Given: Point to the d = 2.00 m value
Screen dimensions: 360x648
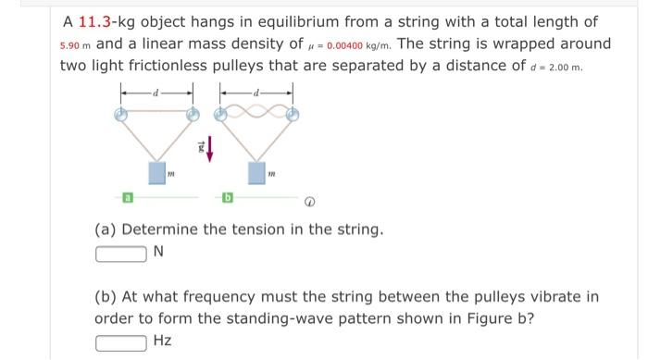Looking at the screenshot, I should pos(566,68).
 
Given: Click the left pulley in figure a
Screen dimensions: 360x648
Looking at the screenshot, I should pos(119,114).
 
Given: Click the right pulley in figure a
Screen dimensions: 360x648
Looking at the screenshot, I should pos(193,114).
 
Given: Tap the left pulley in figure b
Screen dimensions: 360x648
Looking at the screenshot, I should pos(221,114).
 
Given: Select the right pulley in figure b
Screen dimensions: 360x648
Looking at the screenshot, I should pos(293,114).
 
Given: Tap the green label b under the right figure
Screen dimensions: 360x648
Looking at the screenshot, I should pos(226,197).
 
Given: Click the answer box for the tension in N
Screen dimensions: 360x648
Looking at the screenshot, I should pos(120,253).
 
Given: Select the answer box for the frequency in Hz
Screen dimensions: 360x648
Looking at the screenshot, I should pos(120,341).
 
